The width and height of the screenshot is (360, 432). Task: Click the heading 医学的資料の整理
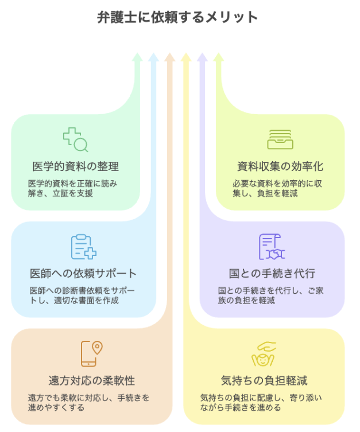pos(75,166)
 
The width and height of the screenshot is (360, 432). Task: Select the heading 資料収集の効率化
pos(280,166)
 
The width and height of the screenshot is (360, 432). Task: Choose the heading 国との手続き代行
pos(272,273)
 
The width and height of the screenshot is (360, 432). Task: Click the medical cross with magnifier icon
pos(75,139)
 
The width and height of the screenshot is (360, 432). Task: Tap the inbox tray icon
pos(280,139)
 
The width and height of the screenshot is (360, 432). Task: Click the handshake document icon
pos(272,247)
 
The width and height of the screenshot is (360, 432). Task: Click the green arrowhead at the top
pos(137,57)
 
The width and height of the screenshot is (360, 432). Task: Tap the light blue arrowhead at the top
pos(153,57)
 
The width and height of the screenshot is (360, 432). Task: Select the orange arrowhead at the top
pos(169,57)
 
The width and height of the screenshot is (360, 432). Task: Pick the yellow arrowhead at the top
pos(185,57)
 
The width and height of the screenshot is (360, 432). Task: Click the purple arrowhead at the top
pos(202,57)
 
